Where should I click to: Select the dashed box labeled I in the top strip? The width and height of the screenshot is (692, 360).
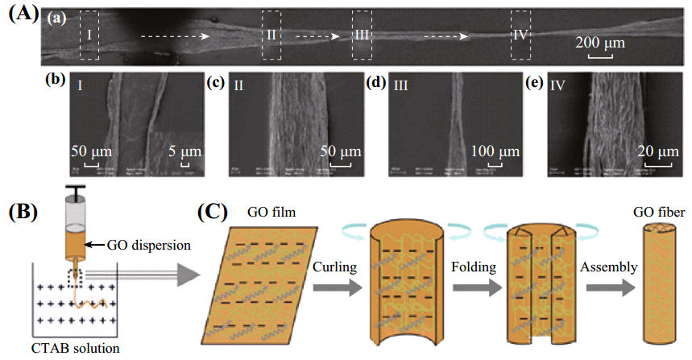[x=89, y=35]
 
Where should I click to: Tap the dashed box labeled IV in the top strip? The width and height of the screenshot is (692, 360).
[x=522, y=35]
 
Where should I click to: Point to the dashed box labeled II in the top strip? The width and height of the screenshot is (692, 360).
[x=271, y=35]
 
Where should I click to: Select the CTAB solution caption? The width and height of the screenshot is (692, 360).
[x=76, y=350]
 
